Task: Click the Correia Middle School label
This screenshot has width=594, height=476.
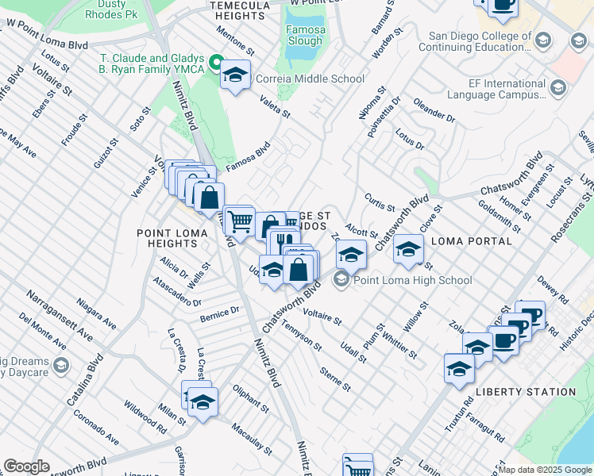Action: pyautogui.click(x=310, y=79)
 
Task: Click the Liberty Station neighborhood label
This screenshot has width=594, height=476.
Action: pyautogui.click(x=526, y=392)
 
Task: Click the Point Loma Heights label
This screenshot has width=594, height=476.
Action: pyautogui.click(x=172, y=239)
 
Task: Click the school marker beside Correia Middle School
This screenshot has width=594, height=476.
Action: pyautogui.click(x=235, y=75)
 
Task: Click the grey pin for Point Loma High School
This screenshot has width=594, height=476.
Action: pyautogui.click(x=342, y=279)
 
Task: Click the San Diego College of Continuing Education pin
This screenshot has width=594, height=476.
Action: pyautogui.click(x=543, y=40)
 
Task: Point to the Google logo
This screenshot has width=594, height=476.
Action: pyautogui.click(x=26, y=466)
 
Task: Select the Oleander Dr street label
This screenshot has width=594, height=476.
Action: pyautogui.click(x=434, y=111)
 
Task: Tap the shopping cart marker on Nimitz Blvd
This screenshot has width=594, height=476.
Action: pyautogui.click(x=239, y=221)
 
